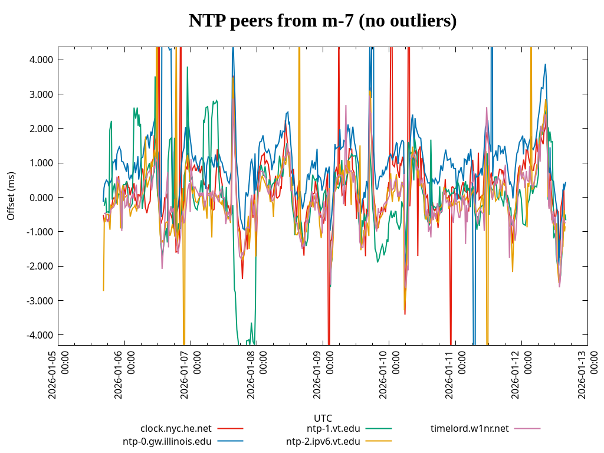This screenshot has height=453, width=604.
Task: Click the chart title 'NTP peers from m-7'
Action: [x=323, y=21]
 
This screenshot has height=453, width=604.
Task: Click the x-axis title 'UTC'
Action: [x=323, y=418]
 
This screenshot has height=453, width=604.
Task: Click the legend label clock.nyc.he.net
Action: [x=176, y=428]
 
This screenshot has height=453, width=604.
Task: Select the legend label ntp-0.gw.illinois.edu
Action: [x=167, y=441]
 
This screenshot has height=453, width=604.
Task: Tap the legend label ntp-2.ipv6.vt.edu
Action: [x=323, y=441]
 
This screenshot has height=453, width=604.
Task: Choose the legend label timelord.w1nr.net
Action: [x=470, y=428]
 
